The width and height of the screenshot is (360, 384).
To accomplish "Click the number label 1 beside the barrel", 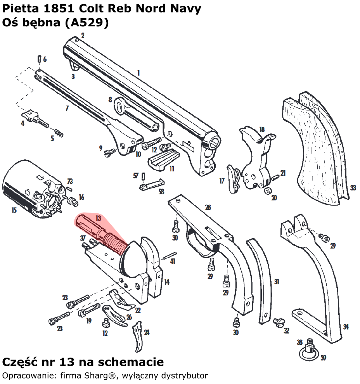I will click(138, 73).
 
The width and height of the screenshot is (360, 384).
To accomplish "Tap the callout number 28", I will click(208, 208).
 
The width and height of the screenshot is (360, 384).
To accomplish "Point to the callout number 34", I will click(346, 327).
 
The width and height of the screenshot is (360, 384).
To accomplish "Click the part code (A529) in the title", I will click(87, 23).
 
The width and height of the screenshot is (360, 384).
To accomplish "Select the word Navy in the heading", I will click(188, 9).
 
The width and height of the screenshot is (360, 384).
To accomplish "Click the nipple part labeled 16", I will click(71, 201).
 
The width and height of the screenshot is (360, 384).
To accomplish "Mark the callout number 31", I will click(277, 282).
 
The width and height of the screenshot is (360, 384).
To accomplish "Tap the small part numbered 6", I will click(39, 59).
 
